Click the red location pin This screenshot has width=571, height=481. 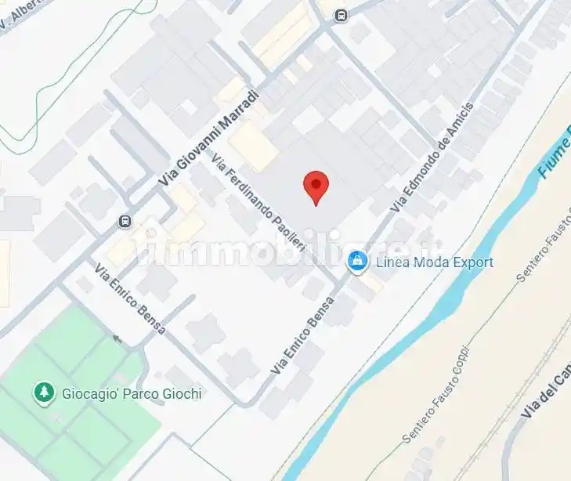315,185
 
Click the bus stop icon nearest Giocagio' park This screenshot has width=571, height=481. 125,221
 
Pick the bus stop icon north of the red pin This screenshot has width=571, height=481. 341,15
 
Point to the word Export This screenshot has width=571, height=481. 470,262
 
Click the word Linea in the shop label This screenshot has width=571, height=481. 392,262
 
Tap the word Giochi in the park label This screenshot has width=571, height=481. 179,393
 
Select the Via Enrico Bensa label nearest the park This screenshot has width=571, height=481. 129,300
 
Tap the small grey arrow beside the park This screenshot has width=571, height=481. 117,339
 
